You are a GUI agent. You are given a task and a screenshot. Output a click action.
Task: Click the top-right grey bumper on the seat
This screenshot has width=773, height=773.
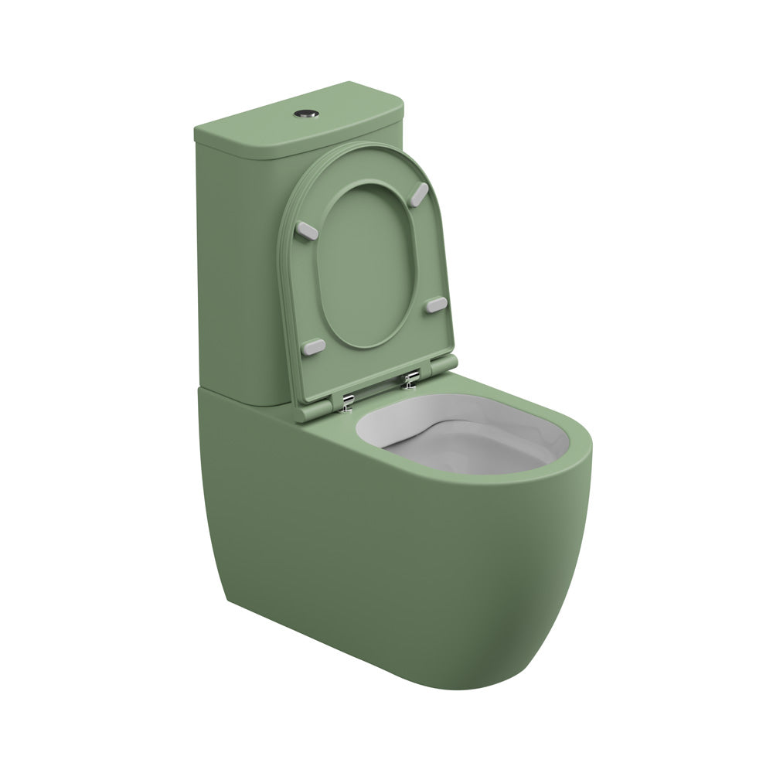pyautogui.click(x=421, y=190)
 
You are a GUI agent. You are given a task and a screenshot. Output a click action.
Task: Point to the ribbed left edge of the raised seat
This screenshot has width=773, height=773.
pyautogui.click(x=288, y=309)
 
